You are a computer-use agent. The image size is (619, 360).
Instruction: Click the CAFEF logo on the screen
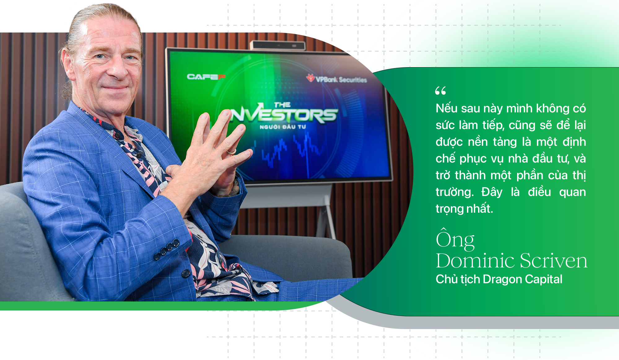(x=206, y=76)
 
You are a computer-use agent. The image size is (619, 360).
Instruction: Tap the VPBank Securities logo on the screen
(x=337, y=79)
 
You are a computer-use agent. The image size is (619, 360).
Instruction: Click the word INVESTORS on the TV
(x=284, y=115)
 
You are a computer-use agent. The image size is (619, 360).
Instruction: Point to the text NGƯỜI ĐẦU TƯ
(x=283, y=127)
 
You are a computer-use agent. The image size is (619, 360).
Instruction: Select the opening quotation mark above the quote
(x=440, y=91)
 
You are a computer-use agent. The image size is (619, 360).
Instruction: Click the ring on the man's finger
(x=232, y=151)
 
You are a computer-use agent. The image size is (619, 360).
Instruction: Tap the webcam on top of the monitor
(x=278, y=46)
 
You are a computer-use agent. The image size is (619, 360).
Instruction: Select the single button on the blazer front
(x=186, y=273)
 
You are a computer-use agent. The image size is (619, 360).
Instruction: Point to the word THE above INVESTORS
(x=282, y=105)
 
